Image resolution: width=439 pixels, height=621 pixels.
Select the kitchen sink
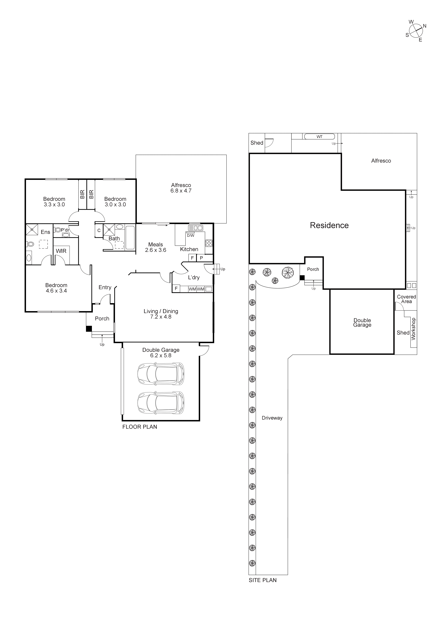click(x=195, y=228)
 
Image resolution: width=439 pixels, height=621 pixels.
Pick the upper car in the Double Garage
click(x=161, y=374)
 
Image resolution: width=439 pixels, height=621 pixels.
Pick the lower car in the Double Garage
click(x=161, y=403)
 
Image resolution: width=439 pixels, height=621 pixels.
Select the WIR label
click(x=61, y=251)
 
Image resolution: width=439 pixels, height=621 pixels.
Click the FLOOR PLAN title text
click(x=139, y=427)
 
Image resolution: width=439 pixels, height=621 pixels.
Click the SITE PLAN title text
click(x=262, y=580)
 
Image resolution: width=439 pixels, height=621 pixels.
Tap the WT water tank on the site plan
click(x=320, y=137)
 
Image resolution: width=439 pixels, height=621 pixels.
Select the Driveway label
click(x=272, y=418)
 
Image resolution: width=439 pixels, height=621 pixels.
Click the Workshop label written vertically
click(x=413, y=329)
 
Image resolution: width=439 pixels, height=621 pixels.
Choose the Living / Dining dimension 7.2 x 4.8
click(x=161, y=317)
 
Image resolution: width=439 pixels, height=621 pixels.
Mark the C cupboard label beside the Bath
click(x=99, y=230)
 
